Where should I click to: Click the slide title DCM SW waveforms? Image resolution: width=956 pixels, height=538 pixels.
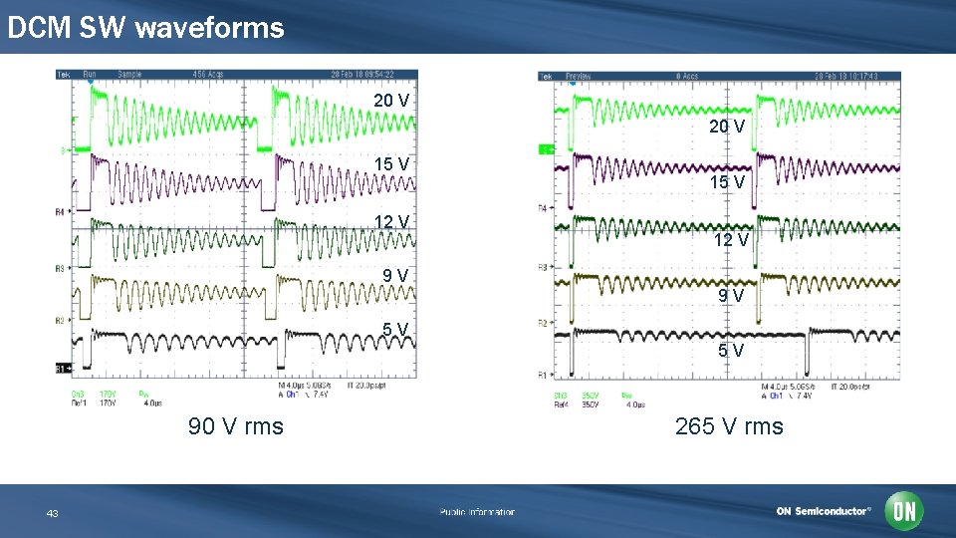point(145,28)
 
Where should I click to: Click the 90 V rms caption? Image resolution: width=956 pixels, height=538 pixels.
point(236,426)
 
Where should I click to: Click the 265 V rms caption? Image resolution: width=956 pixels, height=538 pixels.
point(729,426)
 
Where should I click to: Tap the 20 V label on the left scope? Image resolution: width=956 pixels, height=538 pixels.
point(391,101)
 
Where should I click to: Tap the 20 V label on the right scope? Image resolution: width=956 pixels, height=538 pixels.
point(727,126)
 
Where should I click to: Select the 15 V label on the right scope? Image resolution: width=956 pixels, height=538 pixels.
point(727,182)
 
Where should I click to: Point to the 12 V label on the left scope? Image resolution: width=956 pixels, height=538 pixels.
point(391,221)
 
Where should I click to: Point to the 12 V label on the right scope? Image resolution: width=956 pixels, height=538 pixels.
point(730,240)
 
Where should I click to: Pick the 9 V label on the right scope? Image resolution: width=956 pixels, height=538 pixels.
point(732,295)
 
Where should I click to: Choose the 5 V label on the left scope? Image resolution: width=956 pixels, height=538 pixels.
point(395,330)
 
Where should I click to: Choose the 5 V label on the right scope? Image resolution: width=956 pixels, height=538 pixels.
point(732,351)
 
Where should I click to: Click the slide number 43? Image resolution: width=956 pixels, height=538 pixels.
point(53,513)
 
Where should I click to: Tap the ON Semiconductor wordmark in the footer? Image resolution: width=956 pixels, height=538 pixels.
point(824,511)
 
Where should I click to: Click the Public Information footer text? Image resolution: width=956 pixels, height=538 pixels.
point(478,512)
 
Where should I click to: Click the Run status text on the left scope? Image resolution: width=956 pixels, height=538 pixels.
point(90,74)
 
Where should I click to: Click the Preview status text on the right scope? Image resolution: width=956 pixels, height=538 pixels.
point(579,76)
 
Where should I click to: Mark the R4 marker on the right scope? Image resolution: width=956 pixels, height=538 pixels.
point(543,207)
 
